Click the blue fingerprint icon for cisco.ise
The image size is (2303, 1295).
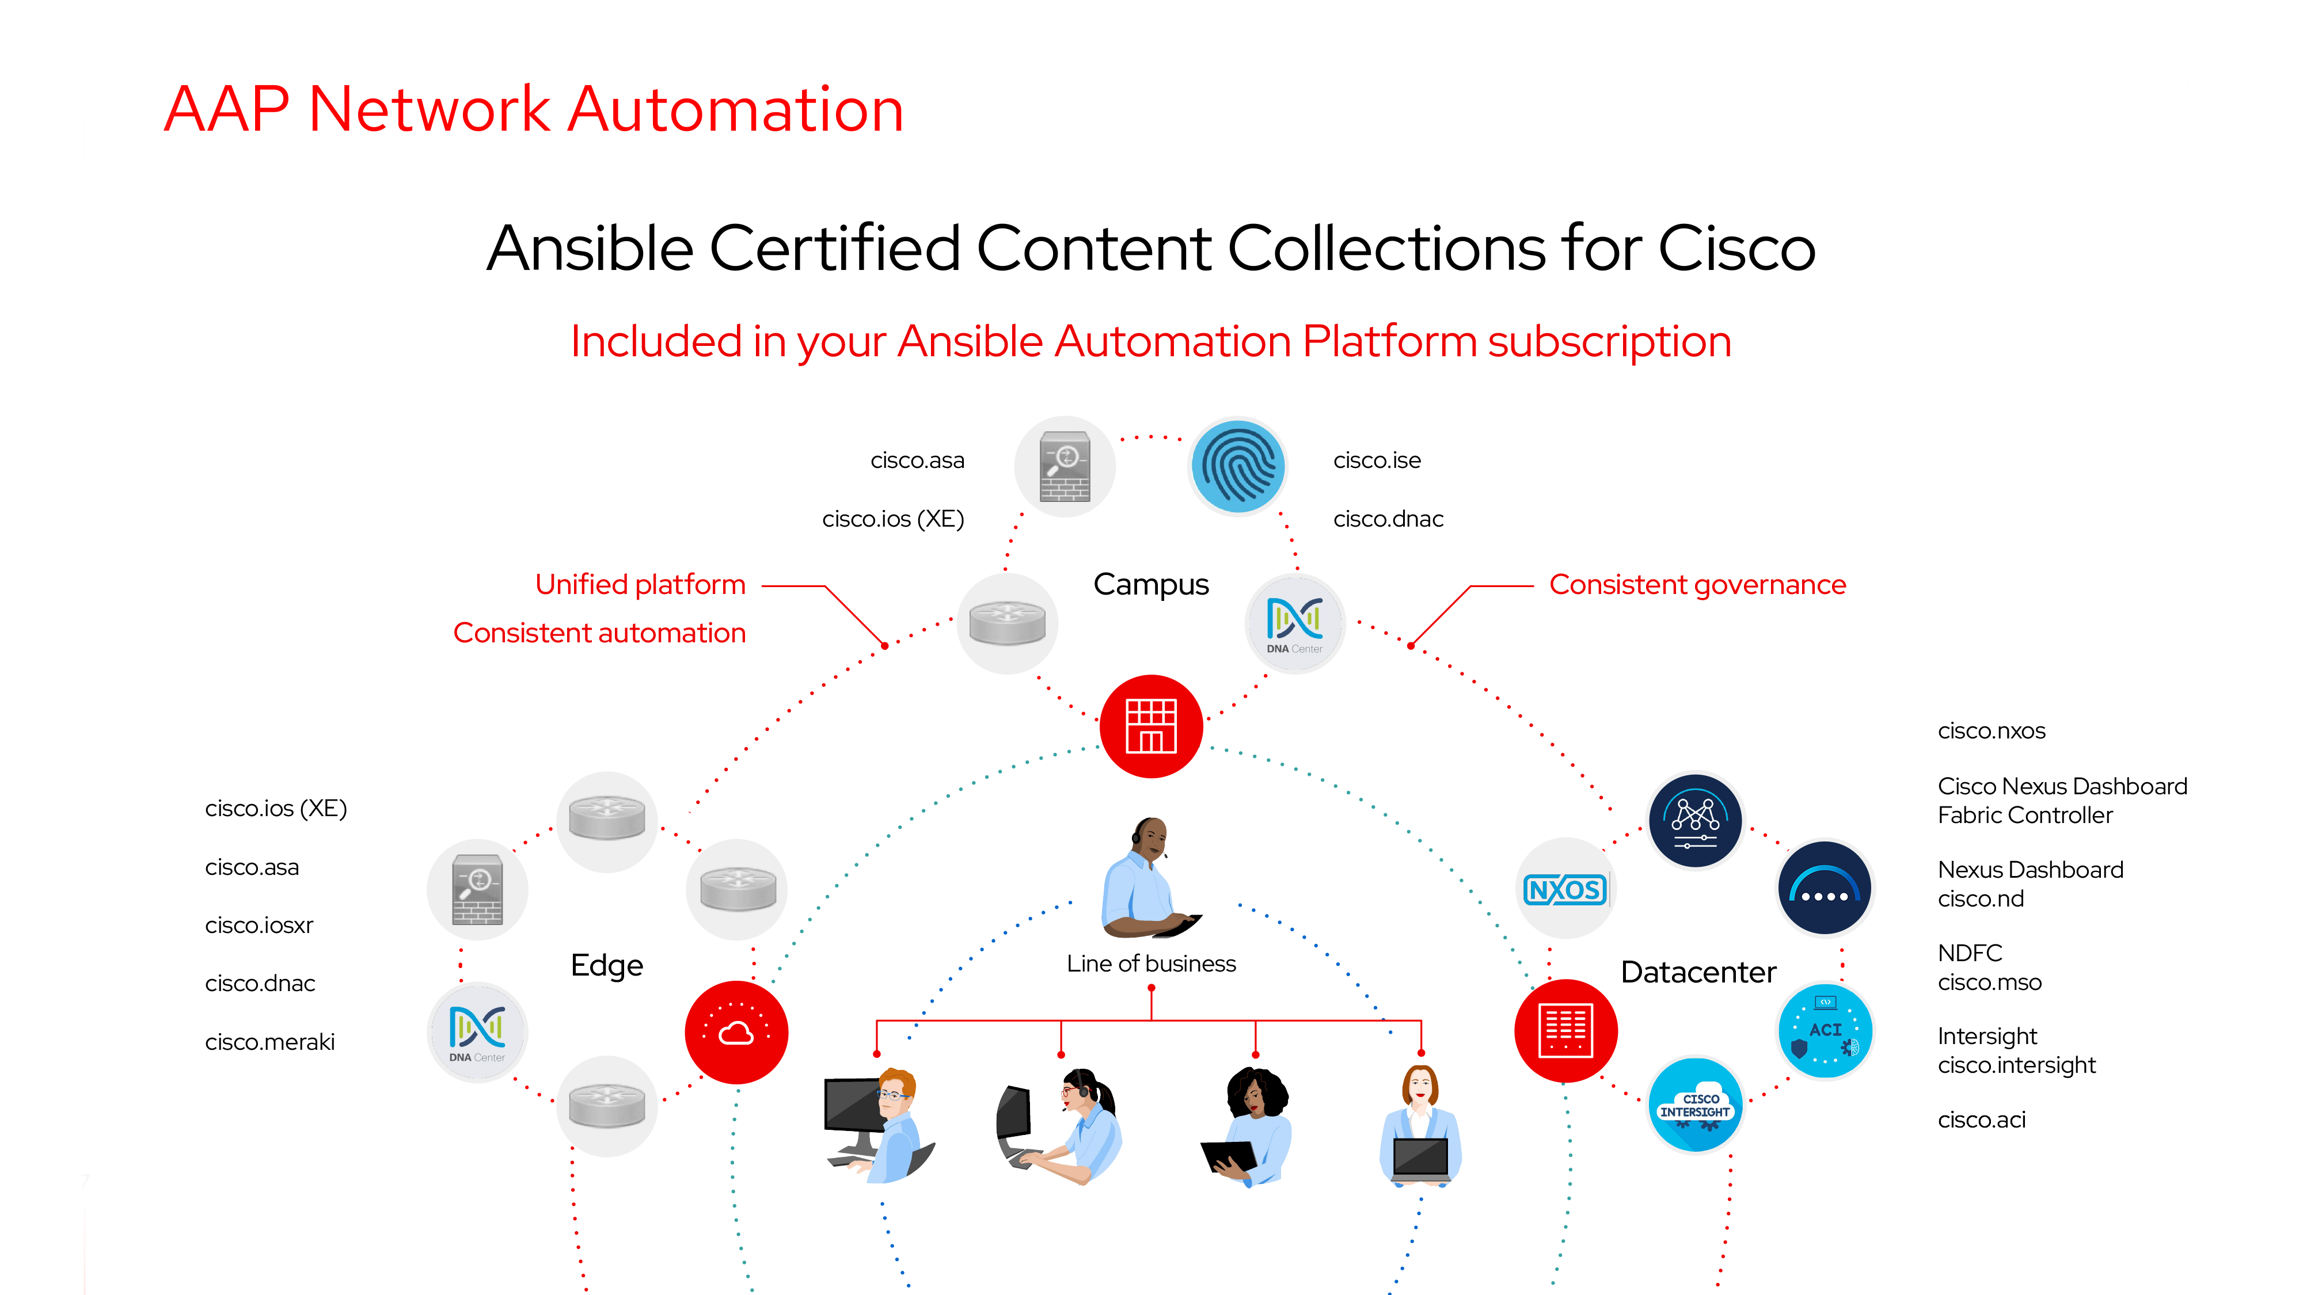tap(1237, 467)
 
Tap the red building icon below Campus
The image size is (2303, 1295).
tap(1150, 726)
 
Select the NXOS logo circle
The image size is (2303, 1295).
tap(1564, 889)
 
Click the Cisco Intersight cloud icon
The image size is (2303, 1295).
tap(1695, 1106)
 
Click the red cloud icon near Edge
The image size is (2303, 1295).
tap(736, 1032)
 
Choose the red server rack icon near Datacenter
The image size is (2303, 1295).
tap(1565, 1030)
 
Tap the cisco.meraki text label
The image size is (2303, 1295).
tap(270, 1042)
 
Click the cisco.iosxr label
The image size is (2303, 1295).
tap(259, 925)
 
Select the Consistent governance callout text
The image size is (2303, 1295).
tap(1697, 585)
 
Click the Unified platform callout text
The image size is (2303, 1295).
tap(640, 585)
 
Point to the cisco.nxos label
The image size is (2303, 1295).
tap(1991, 731)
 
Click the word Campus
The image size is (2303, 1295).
tap(1150, 585)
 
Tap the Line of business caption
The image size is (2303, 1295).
tap(1150, 963)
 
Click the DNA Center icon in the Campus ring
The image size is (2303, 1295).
tap(1294, 623)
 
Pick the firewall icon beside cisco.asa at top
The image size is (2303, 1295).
tap(1065, 467)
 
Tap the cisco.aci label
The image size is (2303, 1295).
tap(1981, 1120)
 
